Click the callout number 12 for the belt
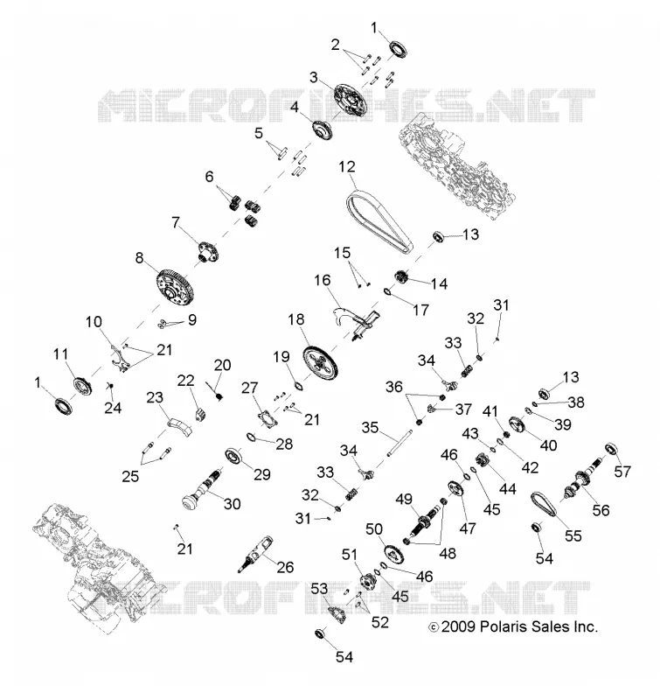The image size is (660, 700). click(347, 167)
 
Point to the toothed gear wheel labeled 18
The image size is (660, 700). click(320, 361)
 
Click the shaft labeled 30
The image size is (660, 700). click(203, 490)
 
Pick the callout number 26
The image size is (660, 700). click(285, 567)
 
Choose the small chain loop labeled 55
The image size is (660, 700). click(544, 505)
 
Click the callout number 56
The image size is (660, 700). click(601, 510)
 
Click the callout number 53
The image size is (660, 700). click(319, 589)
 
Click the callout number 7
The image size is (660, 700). click(176, 222)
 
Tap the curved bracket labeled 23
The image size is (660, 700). click(179, 427)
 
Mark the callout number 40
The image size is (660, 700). click(548, 445)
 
